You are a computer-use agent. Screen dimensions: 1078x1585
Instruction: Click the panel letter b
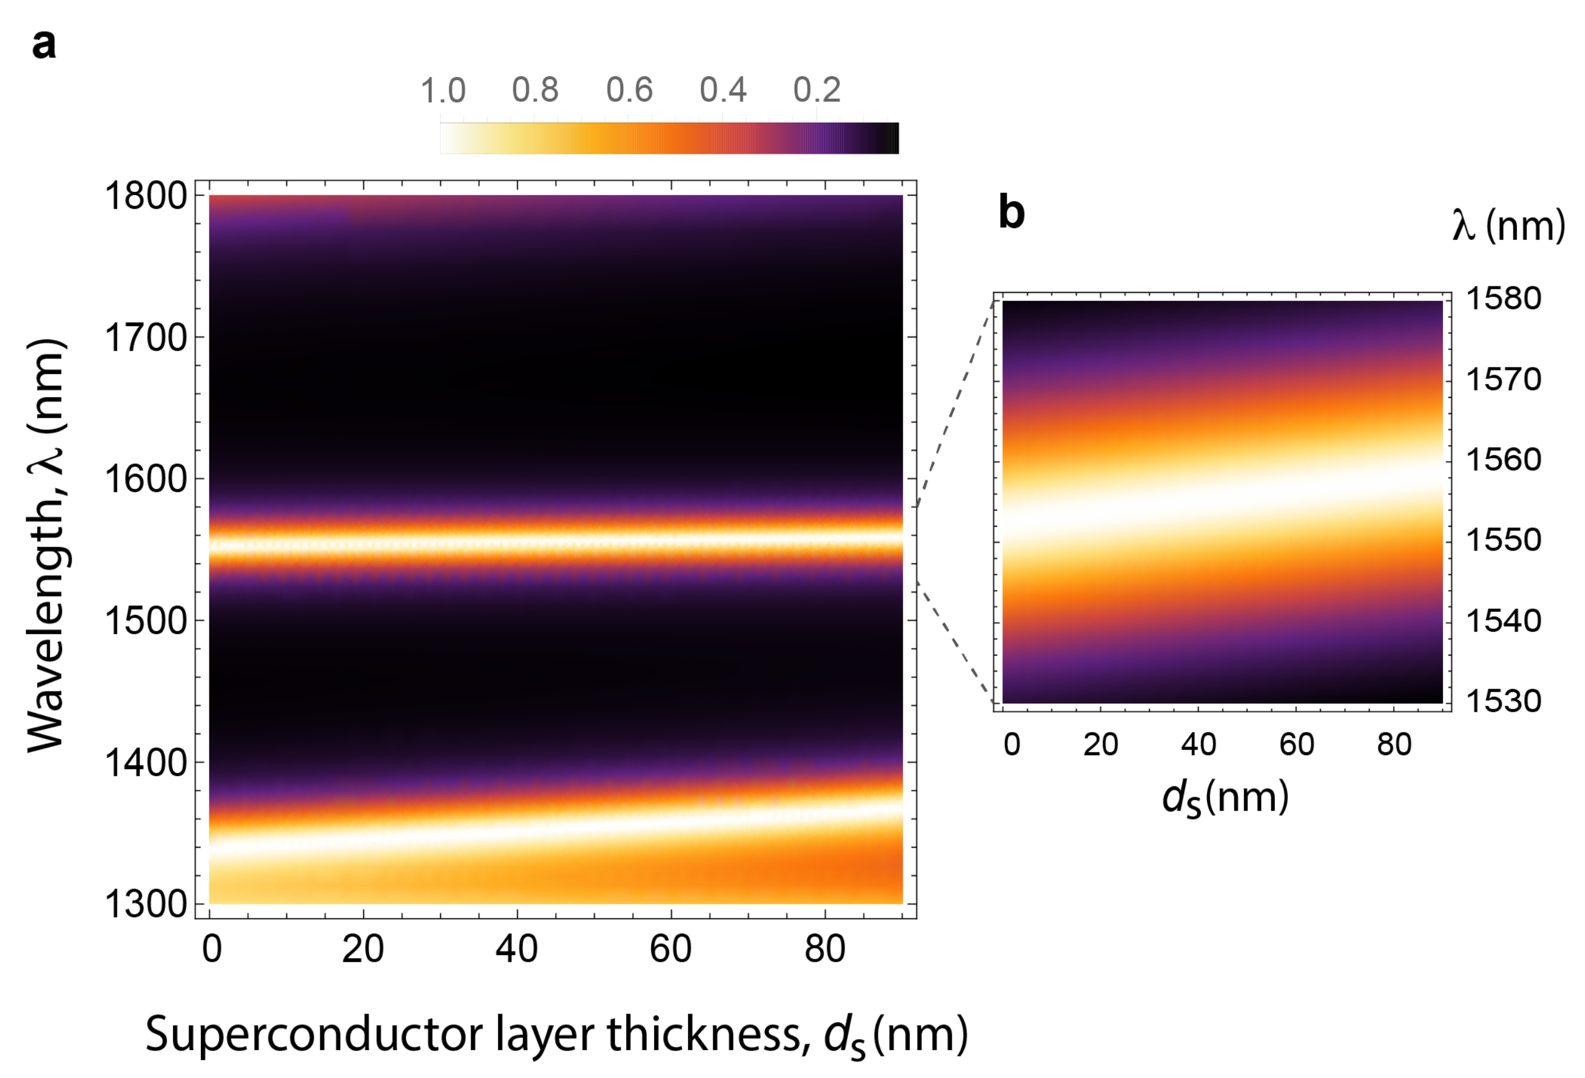tap(1011, 212)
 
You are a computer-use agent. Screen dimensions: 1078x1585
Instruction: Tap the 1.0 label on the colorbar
tap(442, 91)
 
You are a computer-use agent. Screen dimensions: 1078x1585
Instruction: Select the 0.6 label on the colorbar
tap(630, 91)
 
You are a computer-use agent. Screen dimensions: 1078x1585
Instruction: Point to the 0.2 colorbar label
tap(816, 91)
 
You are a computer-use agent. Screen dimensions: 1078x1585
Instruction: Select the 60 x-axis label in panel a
tap(670, 949)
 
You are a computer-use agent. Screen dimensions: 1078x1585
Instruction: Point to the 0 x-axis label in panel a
tap(212, 949)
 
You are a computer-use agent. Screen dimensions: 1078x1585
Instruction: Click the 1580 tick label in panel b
tap(1503, 298)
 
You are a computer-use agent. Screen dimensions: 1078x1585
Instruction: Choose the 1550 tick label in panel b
tap(1503, 540)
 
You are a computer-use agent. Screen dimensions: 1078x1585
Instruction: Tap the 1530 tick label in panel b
tap(1503, 701)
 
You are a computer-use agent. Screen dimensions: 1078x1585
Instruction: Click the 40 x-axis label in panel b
tap(1199, 745)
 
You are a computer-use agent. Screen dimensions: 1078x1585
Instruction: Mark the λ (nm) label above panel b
tap(1508, 226)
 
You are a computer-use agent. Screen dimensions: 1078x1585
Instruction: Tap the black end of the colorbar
tap(891, 138)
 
